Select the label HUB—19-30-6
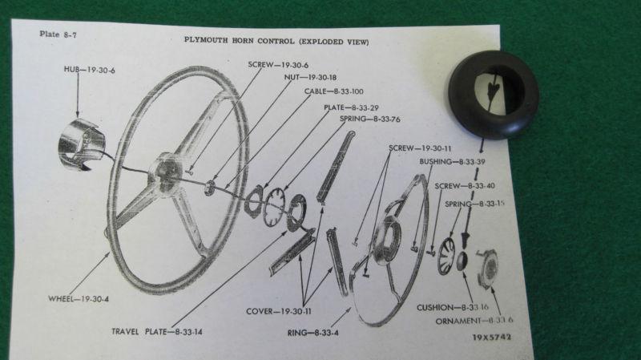90,71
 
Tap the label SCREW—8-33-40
463,186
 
